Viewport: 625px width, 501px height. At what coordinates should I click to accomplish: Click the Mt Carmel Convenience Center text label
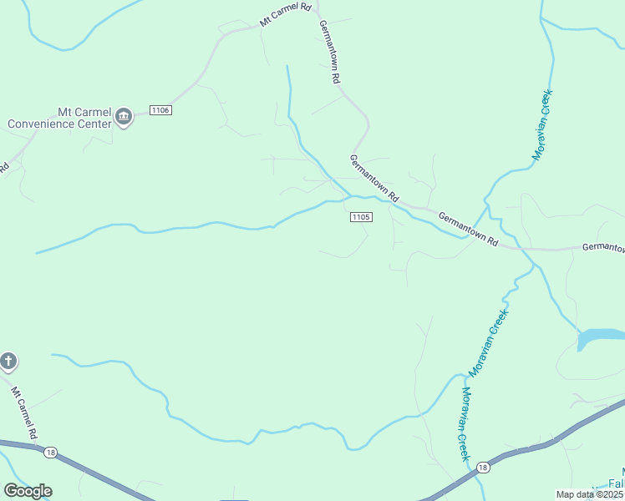59,117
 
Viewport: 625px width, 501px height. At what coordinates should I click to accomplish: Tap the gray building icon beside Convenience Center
124,117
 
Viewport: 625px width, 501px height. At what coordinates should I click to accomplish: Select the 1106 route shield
160,110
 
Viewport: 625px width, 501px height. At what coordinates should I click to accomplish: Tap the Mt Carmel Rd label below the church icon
23,412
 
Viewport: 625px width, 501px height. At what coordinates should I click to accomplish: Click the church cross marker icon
8,362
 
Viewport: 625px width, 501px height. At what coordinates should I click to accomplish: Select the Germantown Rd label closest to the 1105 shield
373,179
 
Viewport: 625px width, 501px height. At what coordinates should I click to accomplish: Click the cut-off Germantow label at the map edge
602,247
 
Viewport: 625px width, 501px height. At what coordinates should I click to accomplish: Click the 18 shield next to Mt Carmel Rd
51,451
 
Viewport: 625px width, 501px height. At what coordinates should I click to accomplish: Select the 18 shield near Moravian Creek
483,468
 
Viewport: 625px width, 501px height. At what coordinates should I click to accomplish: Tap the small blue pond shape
597,337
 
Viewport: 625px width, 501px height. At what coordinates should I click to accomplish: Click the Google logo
28,491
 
